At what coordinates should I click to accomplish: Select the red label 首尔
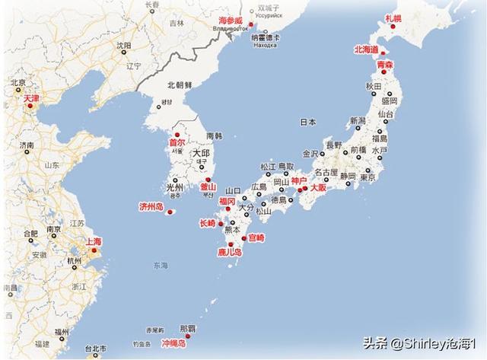pyautogui.click(x=177, y=142)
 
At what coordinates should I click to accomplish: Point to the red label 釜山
pyautogui.click(x=208, y=187)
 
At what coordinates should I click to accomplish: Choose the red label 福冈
pyautogui.click(x=228, y=201)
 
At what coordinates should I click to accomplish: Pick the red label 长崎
pyautogui.click(x=207, y=223)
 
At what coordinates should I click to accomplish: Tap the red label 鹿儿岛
pyautogui.click(x=229, y=251)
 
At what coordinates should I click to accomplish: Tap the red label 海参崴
pyautogui.click(x=231, y=20)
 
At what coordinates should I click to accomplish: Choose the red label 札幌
pyautogui.click(x=393, y=17)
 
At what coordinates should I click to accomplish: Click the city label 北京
pyautogui.click(x=18, y=81)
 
